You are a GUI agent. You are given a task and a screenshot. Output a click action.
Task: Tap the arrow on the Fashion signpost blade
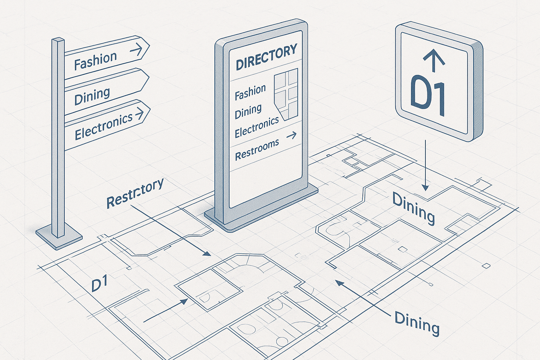pos(136,50)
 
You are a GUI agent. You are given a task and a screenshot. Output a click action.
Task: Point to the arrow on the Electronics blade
pos(140,113)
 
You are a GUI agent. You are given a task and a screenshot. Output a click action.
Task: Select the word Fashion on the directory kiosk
pos(250,92)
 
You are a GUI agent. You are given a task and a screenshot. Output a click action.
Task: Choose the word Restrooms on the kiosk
pos(257,149)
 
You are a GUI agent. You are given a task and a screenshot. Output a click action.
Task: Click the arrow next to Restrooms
pos(291,136)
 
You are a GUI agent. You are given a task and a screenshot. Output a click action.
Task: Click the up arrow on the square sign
pos(434,60)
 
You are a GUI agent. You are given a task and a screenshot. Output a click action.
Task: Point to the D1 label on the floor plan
pos(99,285)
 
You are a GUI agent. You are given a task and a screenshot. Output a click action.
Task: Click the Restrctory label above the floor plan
pos(135,193)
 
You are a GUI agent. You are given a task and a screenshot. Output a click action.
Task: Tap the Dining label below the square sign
pos(413,208)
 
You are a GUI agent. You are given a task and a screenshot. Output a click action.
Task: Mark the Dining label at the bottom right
pos(417,323)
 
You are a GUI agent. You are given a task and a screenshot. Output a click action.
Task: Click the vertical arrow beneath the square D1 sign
pos(425,165)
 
